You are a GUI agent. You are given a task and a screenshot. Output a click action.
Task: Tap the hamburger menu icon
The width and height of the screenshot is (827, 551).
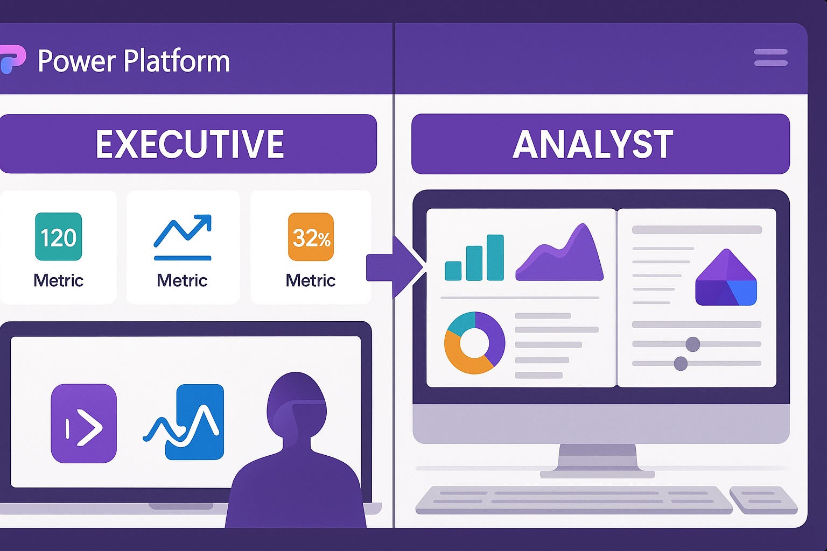pos(770,58)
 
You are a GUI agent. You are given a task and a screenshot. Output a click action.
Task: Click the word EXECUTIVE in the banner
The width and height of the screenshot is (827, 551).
pos(190,144)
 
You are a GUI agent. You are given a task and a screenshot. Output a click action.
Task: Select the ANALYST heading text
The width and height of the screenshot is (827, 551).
pos(592,144)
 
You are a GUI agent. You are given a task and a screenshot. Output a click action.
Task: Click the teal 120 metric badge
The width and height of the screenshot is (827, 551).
pos(58,237)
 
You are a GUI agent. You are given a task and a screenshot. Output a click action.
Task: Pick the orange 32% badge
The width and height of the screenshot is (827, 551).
pos(311,237)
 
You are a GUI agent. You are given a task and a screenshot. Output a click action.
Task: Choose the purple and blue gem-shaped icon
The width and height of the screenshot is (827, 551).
pos(726,278)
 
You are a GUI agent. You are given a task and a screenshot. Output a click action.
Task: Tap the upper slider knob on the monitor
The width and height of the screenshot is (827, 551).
pos(692,344)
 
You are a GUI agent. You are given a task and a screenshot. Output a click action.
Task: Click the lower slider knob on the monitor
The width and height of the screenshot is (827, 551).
pos(681,364)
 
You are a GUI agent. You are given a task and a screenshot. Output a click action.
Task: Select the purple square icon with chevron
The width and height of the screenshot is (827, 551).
pos(83,423)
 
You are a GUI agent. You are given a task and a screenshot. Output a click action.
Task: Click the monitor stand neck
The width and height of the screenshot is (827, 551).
pos(597,457)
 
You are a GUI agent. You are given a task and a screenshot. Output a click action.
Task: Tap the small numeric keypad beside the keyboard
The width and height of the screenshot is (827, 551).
pos(763,499)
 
